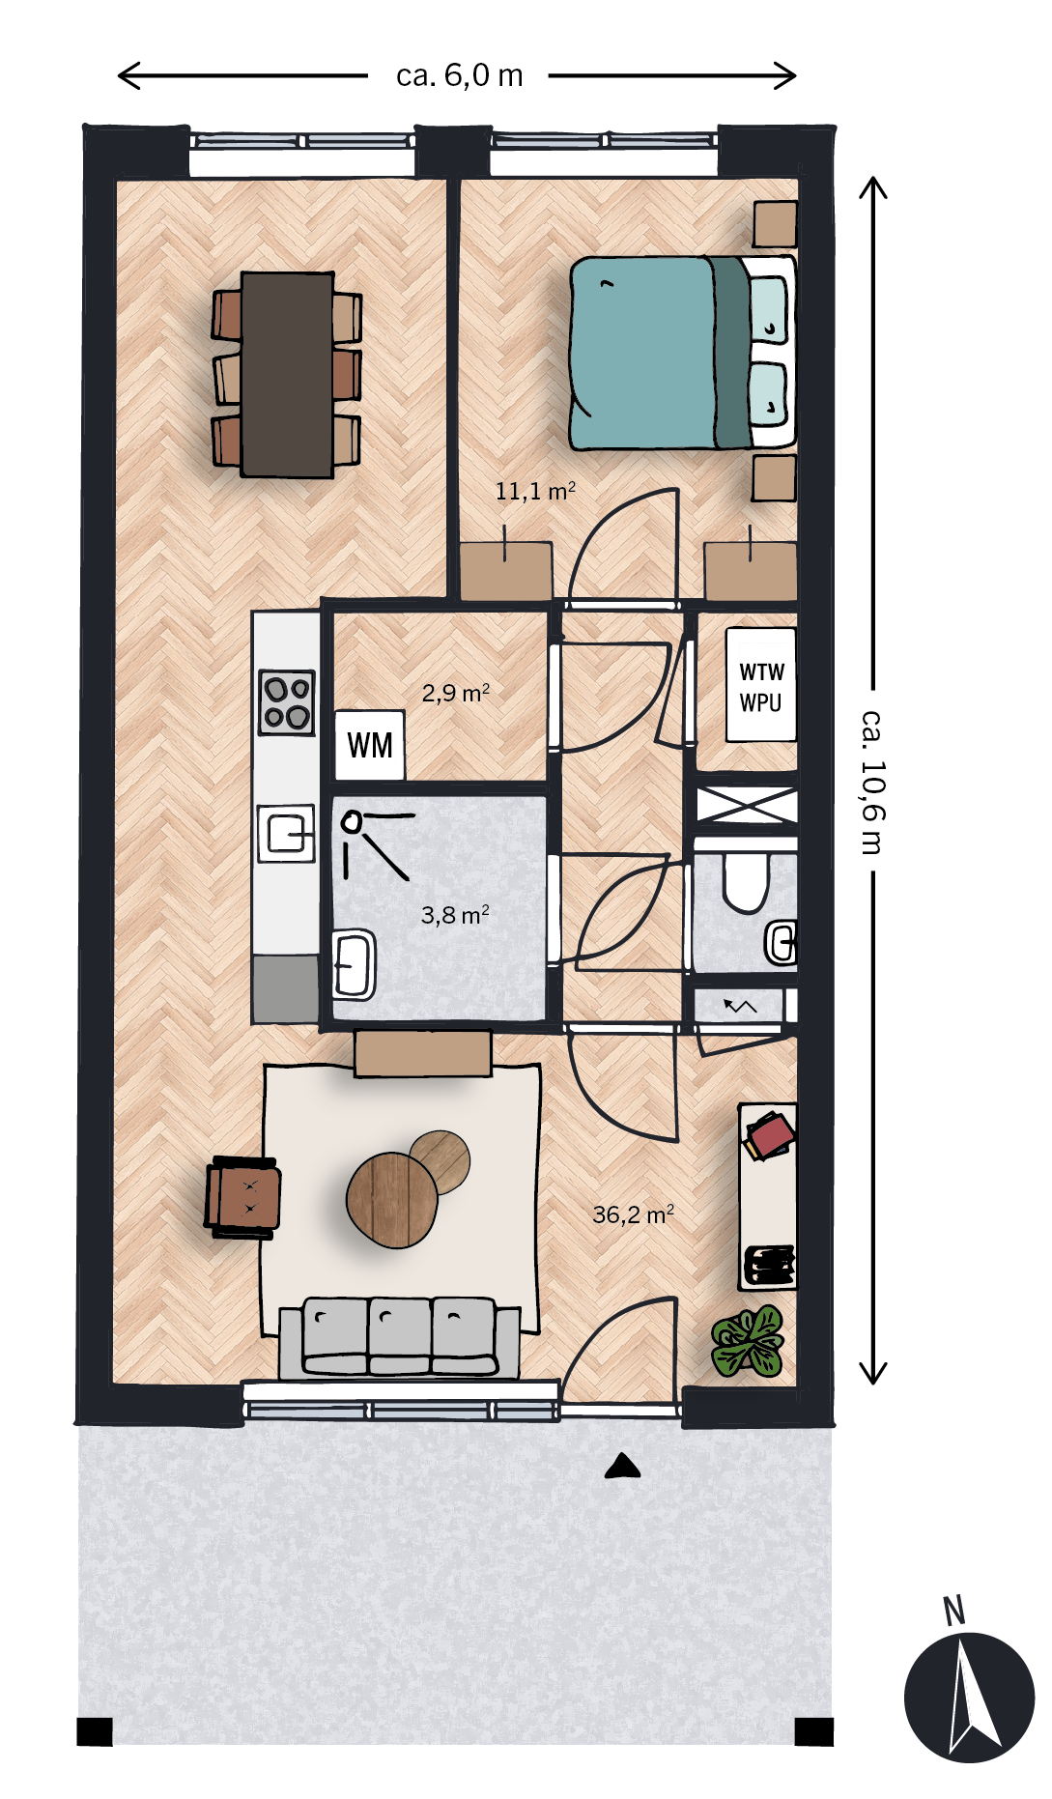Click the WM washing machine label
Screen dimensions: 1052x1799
click(370, 745)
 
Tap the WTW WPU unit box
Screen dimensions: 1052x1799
click(761, 685)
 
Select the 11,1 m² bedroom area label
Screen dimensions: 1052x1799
click(535, 491)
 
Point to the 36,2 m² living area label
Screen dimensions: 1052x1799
click(633, 1214)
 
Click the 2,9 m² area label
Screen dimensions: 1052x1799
click(456, 693)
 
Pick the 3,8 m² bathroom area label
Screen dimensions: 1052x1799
click(455, 914)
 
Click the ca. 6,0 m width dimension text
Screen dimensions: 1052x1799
click(460, 75)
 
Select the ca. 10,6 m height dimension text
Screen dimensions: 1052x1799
click(872, 783)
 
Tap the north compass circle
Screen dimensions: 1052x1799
click(969, 1698)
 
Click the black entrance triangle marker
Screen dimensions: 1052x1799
click(623, 1467)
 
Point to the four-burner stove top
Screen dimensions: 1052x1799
click(287, 702)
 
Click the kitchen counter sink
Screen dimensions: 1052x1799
click(287, 833)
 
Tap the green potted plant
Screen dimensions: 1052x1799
click(748, 1342)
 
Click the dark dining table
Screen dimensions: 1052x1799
click(288, 375)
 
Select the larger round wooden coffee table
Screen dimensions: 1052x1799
click(391, 1200)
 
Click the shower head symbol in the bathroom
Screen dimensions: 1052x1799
click(352, 822)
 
